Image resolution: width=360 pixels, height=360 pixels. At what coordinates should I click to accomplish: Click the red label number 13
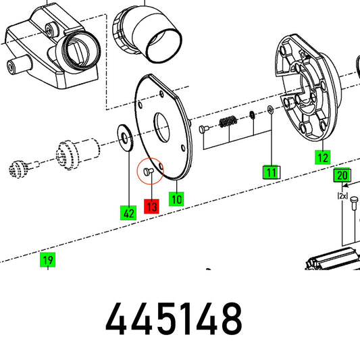point(151,207)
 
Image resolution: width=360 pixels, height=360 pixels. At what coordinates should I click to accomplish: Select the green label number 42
point(128,213)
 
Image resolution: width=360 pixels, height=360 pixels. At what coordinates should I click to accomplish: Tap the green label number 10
point(176,199)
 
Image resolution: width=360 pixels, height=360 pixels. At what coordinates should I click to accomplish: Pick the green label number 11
point(272,172)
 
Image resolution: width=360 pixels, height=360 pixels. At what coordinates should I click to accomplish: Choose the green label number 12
point(323,157)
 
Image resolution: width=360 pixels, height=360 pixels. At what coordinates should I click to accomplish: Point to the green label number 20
point(342,175)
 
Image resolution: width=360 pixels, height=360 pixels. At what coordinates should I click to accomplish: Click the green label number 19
point(48,259)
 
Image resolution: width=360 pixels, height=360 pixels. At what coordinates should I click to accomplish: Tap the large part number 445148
point(174,319)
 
